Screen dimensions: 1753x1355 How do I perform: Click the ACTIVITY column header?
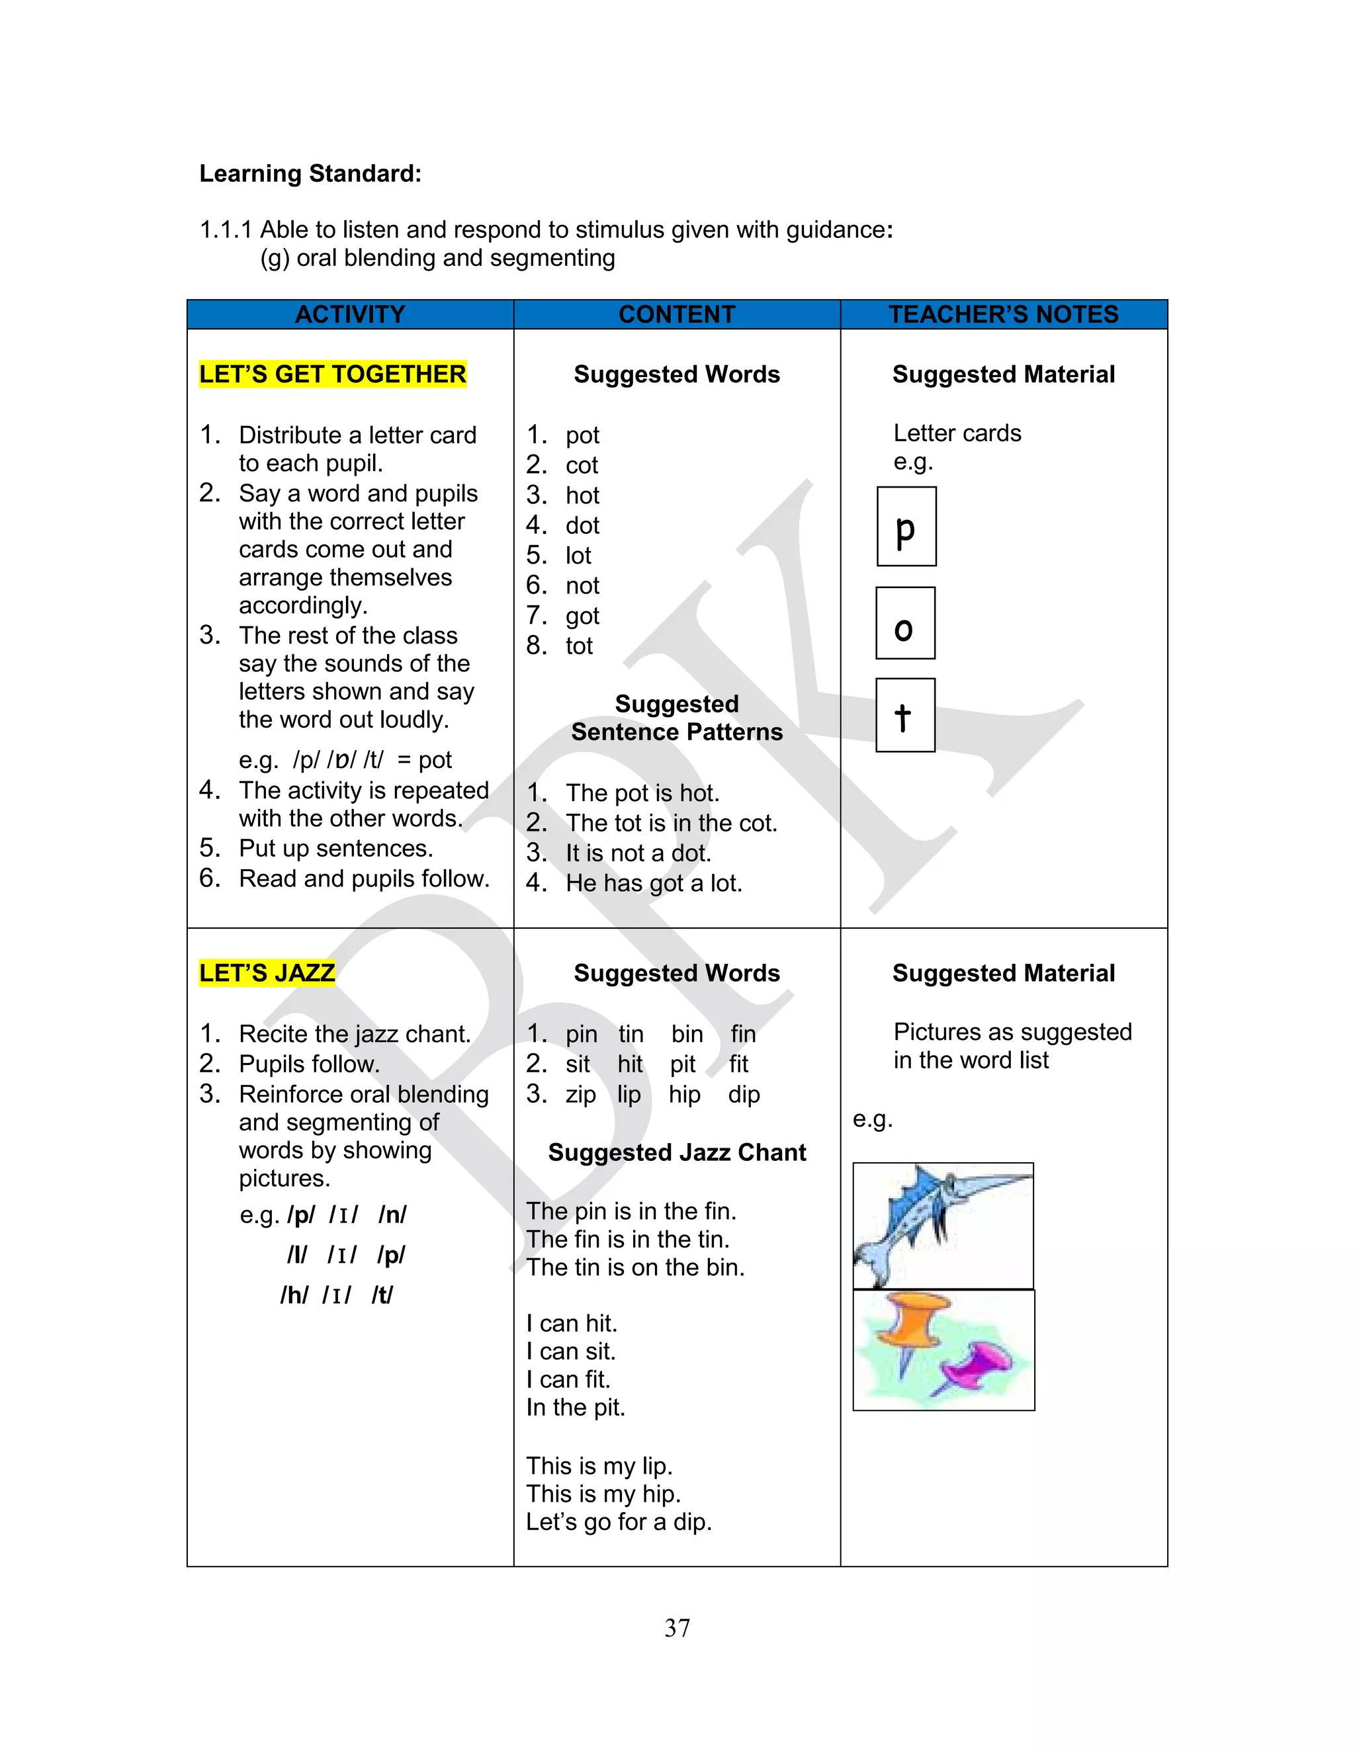point(350,314)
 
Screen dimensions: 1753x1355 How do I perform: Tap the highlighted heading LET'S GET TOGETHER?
point(332,374)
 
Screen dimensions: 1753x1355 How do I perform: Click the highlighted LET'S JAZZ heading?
point(267,973)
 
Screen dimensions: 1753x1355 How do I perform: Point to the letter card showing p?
point(906,527)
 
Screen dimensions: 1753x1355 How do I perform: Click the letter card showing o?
point(906,624)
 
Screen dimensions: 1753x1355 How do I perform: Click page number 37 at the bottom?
point(677,1628)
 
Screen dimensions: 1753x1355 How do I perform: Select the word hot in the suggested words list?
point(582,495)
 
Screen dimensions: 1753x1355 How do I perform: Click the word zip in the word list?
point(580,1094)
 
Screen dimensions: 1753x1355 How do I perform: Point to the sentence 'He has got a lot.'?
point(654,883)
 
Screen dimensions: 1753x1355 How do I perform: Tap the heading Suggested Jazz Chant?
point(677,1152)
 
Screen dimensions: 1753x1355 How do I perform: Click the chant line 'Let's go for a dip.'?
point(619,1522)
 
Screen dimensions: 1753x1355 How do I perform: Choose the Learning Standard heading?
point(310,173)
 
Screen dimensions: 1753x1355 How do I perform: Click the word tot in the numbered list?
point(579,646)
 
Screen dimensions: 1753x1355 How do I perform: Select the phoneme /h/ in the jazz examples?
point(294,1295)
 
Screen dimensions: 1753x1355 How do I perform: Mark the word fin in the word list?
point(742,1034)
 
